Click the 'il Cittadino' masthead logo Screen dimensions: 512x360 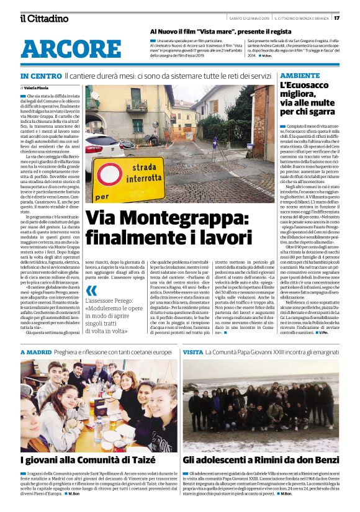(x=44, y=18)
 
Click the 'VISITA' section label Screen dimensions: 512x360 (x=193, y=351)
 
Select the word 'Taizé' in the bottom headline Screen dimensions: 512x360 (x=148, y=461)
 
